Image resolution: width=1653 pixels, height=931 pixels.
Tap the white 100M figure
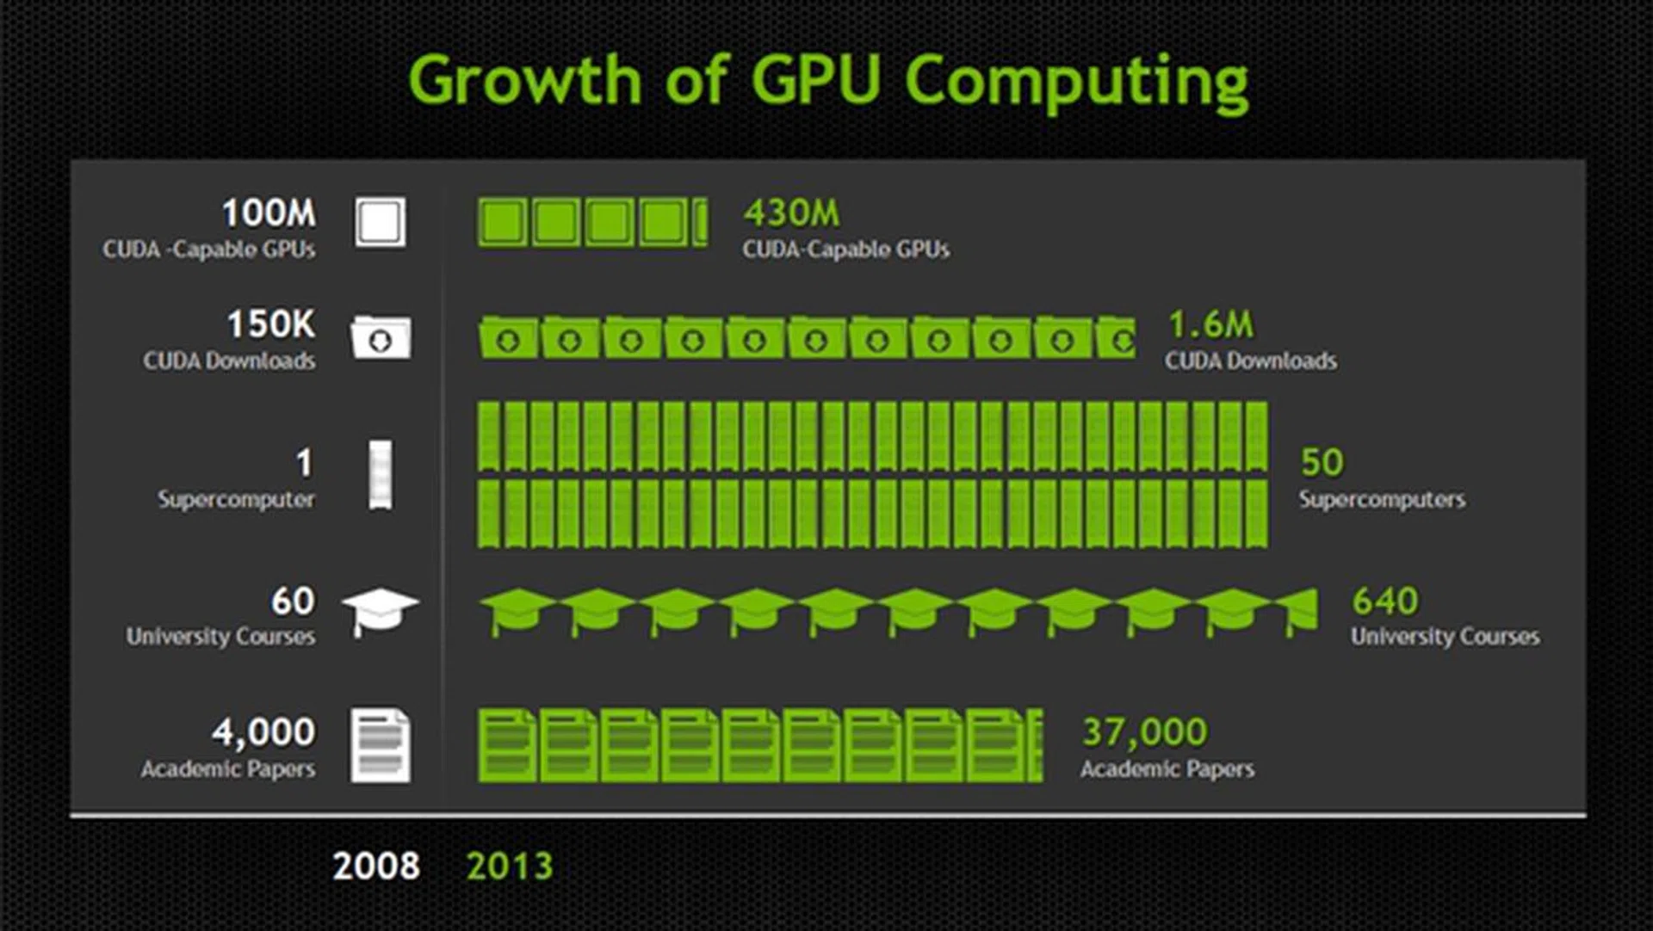pyautogui.click(x=269, y=213)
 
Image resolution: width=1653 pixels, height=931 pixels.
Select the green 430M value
pyautogui.click(x=791, y=213)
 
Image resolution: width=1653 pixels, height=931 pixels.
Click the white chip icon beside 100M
pyautogui.click(x=381, y=222)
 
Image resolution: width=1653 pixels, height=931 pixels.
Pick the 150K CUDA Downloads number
pyautogui.click(x=271, y=324)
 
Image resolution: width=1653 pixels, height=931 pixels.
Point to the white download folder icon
pyautogui.click(x=381, y=337)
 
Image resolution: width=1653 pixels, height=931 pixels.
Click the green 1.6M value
pyautogui.click(x=1210, y=324)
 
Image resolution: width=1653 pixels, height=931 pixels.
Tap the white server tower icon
pyautogui.click(x=381, y=474)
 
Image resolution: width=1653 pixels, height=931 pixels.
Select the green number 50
pyautogui.click(x=1322, y=462)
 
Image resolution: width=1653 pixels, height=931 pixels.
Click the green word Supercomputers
pyautogui.click(x=1382, y=499)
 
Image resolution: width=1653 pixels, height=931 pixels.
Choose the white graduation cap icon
pyautogui.click(x=380, y=609)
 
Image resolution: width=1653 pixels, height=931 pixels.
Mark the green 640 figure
pyautogui.click(x=1384, y=601)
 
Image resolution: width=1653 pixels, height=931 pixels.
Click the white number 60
pyautogui.click(x=293, y=601)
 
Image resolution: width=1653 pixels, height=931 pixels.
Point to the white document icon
pyautogui.click(x=381, y=745)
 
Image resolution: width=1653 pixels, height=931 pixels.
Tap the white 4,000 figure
pyautogui.click(x=263, y=732)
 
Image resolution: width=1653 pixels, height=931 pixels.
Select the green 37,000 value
pyautogui.click(x=1144, y=732)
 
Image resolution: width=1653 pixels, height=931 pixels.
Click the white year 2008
pyautogui.click(x=376, y=866)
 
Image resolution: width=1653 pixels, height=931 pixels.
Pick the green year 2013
pyautogui.click(x=509, y=866)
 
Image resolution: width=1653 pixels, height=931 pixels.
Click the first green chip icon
pyautogui.click(x=502, y=222)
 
